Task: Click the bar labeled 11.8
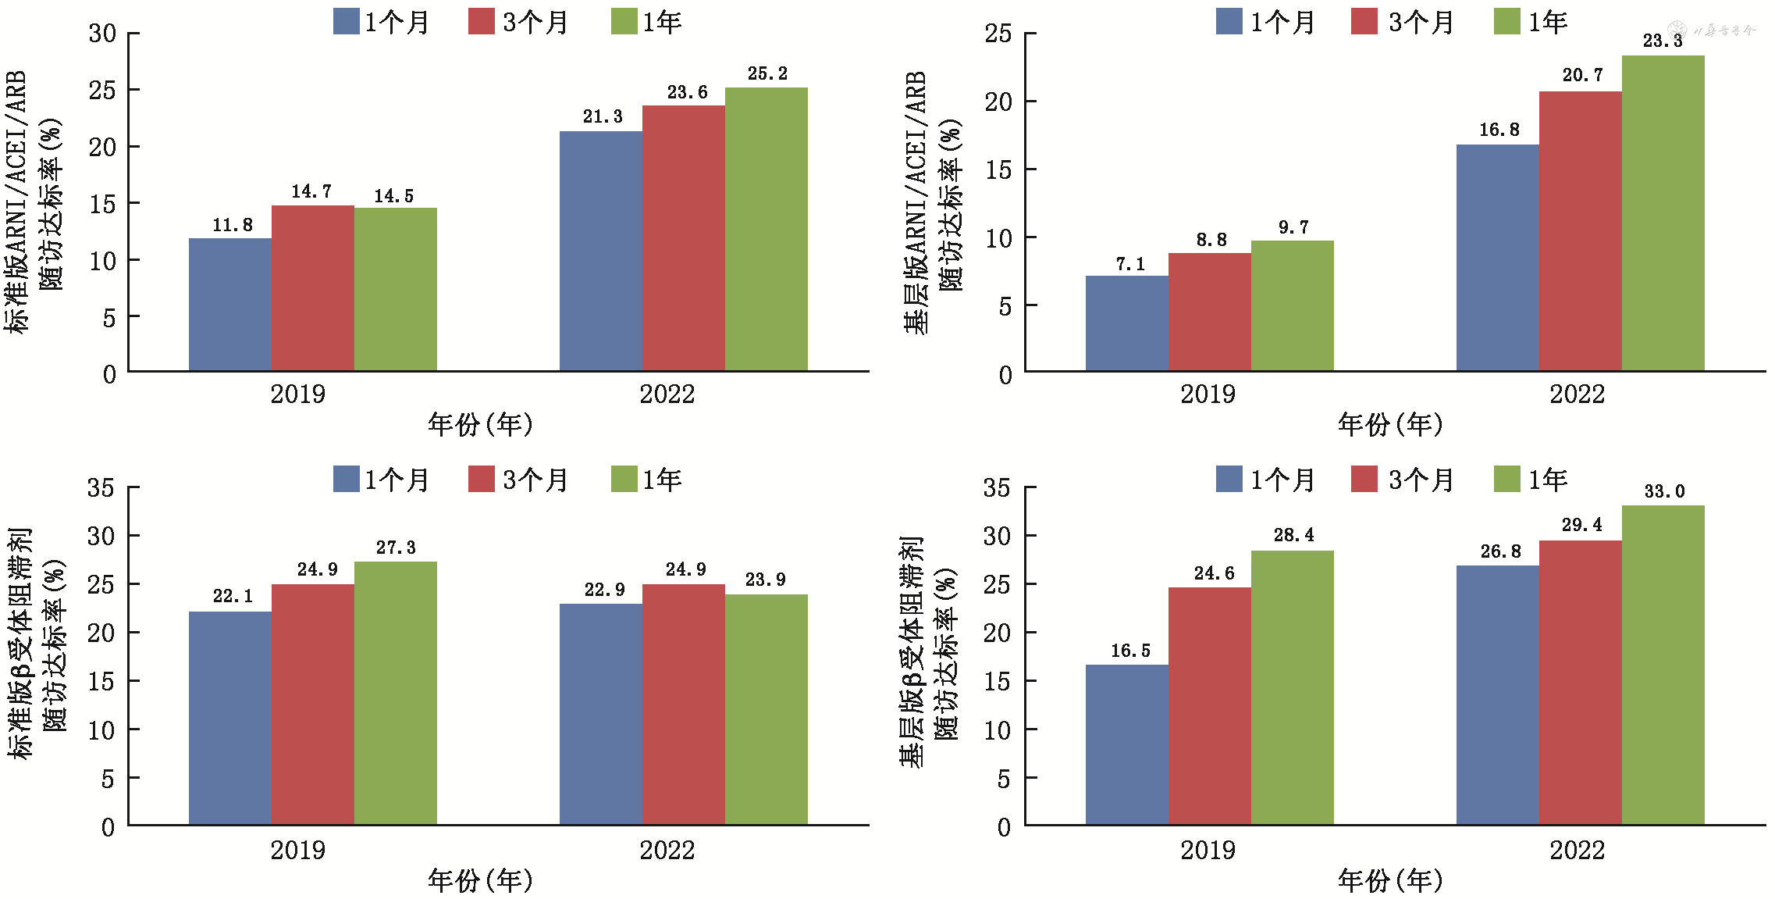230,305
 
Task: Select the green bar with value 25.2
766,229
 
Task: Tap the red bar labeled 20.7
1580,231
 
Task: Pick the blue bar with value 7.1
1126,323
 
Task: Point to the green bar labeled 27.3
395,693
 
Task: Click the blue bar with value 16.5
1126,744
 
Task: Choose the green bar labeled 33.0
1663,665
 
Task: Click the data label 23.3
1663,41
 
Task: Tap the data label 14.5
393,196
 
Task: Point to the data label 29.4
1581,525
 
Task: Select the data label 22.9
604,590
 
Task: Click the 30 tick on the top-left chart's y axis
102,33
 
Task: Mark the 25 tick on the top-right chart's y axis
998,34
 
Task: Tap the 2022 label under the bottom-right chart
1577,850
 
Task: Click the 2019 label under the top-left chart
297,394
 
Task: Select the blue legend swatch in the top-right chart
1229,21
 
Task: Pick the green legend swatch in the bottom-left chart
624,479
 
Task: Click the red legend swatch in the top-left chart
482,21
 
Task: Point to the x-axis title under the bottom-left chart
480,880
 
